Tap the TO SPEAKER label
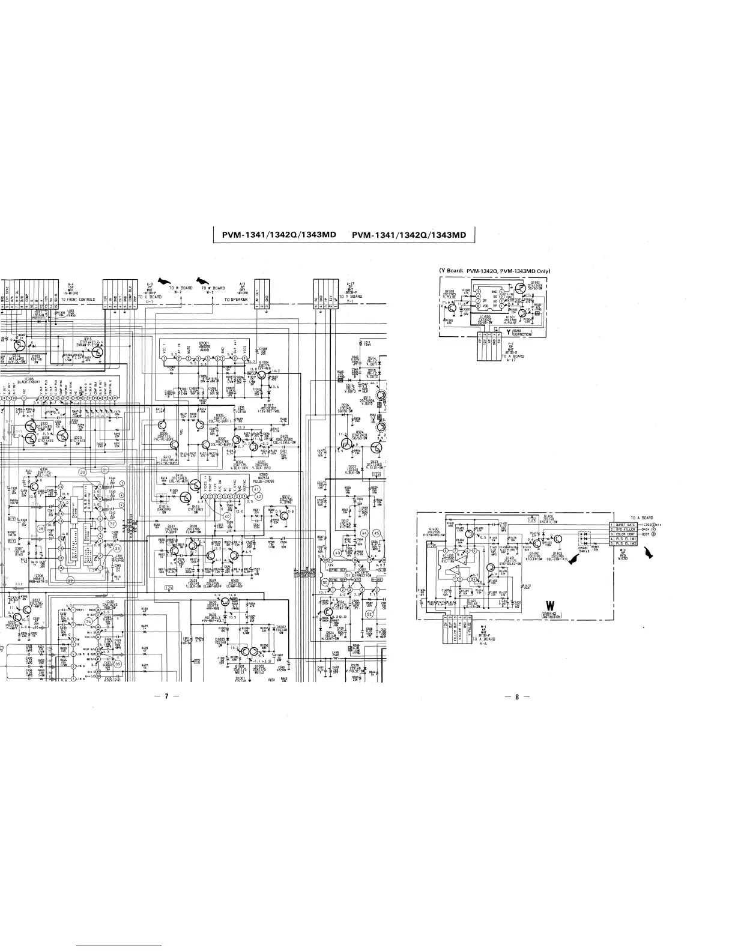pyautogui.click(x=236, y=298)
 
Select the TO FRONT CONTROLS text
pyautogui.click(x=78, y=298)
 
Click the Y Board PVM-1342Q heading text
pyautogui.click(x=495, y=270)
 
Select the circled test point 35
pyautogui.click(x=118, y=665)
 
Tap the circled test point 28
pyautogui.click(x=41, y=528)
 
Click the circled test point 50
pyautogui.click(x=325, y=582)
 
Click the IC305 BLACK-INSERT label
pyautogui.click(x=28, y=381)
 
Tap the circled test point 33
pyautogui.click(x=118, y=548)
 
